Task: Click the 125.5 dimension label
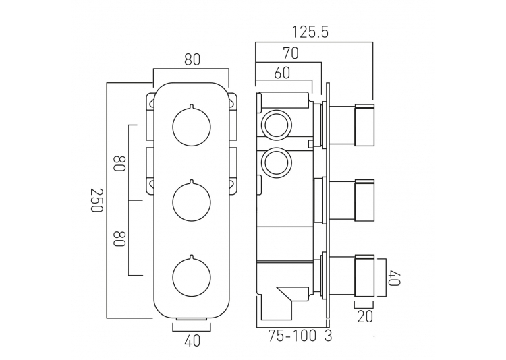(310, 32)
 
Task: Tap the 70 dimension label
(291, 53)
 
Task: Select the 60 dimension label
(282, 73)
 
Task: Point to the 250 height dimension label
(96, 200)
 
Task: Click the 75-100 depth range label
(292, 336)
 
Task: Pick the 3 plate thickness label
(328, 336)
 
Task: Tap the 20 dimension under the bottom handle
(364, 317)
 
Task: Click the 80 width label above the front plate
(192, 60)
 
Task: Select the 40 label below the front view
(192, 341)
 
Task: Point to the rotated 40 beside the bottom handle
(395, 278)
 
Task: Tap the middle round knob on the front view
(192, 202)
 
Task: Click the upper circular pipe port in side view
(277, 125)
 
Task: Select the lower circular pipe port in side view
(277, 163)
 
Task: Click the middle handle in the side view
(364, 201)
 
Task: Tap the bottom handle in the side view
(364, 276)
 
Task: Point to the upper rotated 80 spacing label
(119, 164)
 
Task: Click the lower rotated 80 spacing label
(119, 239)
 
